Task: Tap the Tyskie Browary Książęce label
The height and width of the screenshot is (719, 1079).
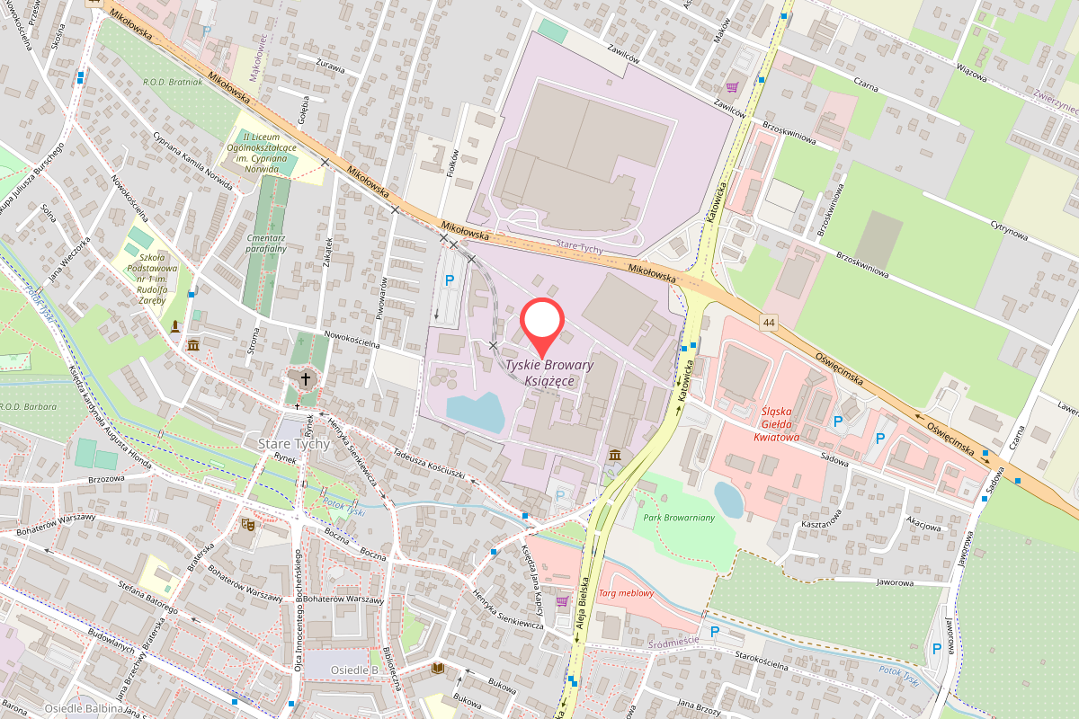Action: click(x=548, y=373)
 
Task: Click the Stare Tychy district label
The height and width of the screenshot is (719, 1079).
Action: click(x=295, y=444)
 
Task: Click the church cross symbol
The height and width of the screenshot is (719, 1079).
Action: click(x=305, y=379)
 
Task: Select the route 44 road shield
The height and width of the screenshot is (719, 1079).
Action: click(x=767, y=322)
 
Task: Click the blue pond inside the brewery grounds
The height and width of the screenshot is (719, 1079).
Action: click(x=476, y=412)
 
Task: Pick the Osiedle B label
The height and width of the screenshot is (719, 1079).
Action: click(x=354, y=670)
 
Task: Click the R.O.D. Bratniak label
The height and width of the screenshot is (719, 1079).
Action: click(x=173, y=82)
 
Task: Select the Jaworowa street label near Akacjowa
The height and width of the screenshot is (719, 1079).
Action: click(x=895, y=582)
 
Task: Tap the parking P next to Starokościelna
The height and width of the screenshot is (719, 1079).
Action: click(x=715, y=632)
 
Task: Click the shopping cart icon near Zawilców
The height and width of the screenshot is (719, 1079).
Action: click(x=733, y=87)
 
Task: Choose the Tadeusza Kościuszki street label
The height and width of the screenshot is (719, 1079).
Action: click(x=428, y=461)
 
